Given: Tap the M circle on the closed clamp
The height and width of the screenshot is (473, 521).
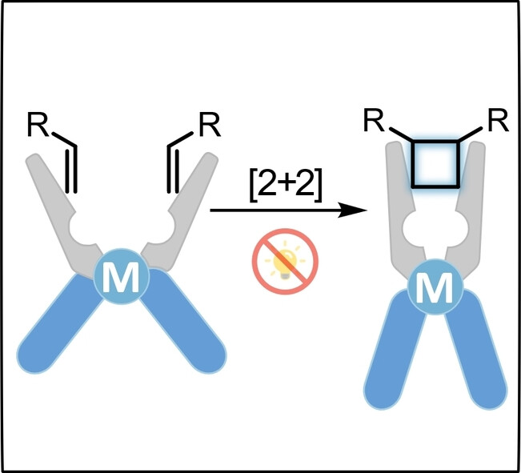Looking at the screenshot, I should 435,289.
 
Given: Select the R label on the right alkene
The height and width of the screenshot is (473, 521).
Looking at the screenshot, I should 209,126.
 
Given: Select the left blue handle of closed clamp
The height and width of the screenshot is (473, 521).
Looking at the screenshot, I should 394,356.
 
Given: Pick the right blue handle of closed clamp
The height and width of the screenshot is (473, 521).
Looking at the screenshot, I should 475,356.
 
